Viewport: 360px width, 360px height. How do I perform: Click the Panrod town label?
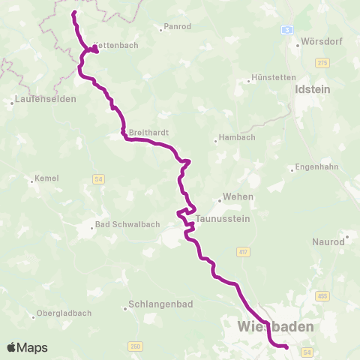[x=178, y=28]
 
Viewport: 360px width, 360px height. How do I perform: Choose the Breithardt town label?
[x=148, y=132]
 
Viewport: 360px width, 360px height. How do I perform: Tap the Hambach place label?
[x=235, y=138]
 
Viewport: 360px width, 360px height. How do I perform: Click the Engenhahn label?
[x=316, y=167]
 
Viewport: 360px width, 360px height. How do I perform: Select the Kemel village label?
[x=46, y=179]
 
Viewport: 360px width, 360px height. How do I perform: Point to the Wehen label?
[x=236, y=197]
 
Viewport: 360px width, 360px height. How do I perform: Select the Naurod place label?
[x=328, y=242]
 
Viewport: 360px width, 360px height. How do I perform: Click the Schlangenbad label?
[x=154, y=306]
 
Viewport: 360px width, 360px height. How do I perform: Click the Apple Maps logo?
[x=27, y=347]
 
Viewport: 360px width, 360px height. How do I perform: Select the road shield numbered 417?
[x=242, y=251]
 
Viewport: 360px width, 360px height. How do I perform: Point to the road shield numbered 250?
[x=135, y=346]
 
